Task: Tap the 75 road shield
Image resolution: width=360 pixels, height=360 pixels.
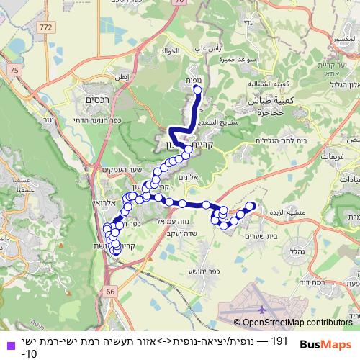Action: (15, 68)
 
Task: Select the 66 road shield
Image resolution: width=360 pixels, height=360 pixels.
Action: (110, 292)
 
